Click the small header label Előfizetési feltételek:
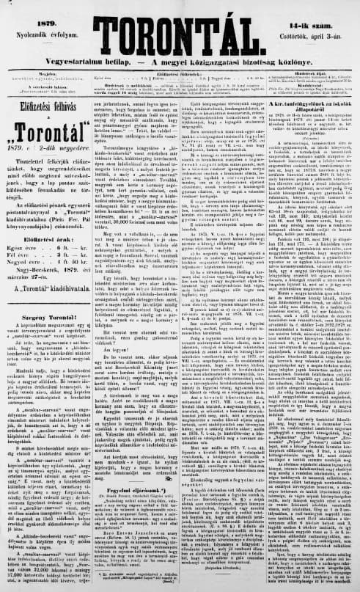point(180,73)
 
